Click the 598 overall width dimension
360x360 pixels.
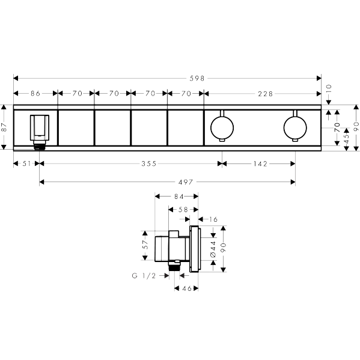(197, 79)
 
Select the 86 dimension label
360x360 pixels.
(35, 93)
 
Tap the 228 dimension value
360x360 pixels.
(265, 94)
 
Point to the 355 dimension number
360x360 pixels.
(149, 163)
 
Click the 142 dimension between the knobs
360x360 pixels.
(260, 163)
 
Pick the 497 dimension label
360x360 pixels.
(186, 182)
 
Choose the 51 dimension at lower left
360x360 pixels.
(26, 163)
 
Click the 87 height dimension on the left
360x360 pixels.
(4, 127)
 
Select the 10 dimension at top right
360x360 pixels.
(329, 89)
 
